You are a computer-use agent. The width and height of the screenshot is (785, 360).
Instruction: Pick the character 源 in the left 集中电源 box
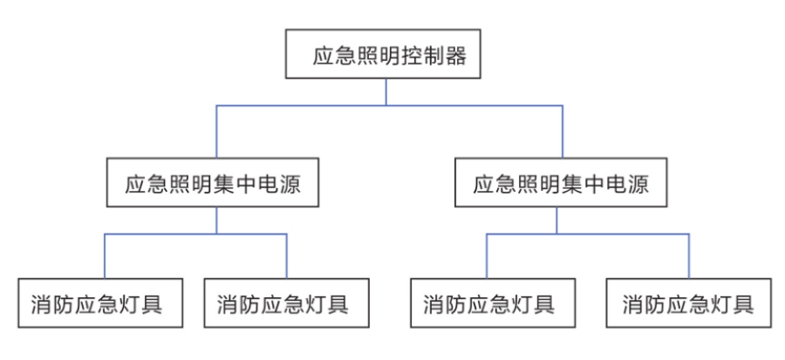pyautogui.click(x=299, y=186)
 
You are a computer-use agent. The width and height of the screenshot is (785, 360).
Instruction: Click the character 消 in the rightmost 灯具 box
pyautogui.click(x=634, y=305)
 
